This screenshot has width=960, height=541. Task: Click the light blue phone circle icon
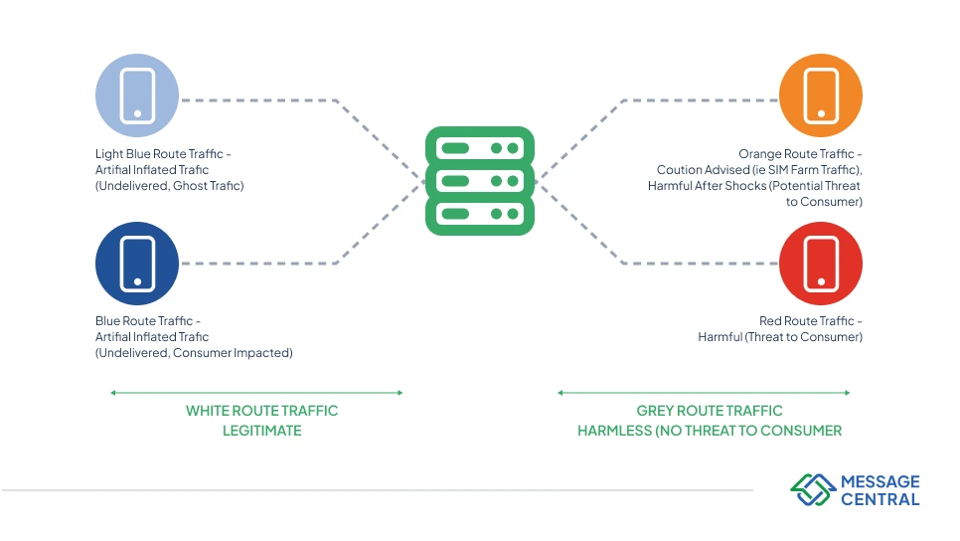[137, 95]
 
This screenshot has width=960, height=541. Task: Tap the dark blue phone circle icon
[137, 263]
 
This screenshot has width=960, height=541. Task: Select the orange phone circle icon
[821, 95]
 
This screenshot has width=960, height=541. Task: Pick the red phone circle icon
[821, 263]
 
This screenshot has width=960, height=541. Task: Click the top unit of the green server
[479, 148]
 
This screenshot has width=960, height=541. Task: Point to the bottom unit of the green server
[479, 214]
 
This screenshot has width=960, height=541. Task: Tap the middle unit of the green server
[479, 181]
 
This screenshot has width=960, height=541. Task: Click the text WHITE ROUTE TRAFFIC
[261, 411]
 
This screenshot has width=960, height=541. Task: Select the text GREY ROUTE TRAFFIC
[710, 411]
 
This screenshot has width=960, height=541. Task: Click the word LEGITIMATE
[261, 431]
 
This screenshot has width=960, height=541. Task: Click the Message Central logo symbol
[812, 489]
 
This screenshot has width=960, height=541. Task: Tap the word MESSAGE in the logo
[880, 481]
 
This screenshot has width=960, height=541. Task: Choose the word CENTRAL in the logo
[880, 499]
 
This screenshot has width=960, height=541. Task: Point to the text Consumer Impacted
[235, 353]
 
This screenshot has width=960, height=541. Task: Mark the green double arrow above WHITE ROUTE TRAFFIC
[256, 393]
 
